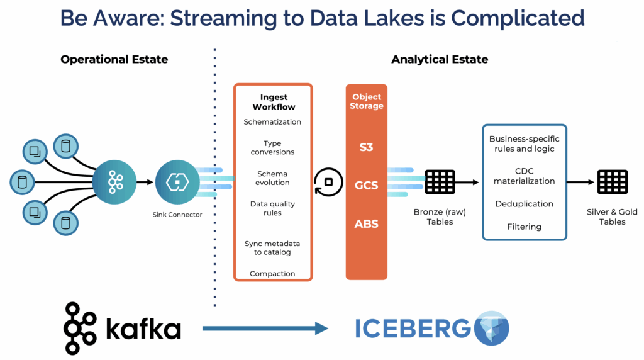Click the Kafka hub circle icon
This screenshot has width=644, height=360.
point(114,182)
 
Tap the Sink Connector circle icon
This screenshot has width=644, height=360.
point(177,182)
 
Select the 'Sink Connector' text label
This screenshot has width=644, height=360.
point(177,215)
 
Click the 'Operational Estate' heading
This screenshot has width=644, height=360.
point(114,60)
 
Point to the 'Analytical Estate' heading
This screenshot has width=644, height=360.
point(439,60)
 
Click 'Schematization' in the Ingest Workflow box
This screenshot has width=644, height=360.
point(272,122)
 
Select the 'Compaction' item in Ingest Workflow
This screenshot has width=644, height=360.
point(272,274)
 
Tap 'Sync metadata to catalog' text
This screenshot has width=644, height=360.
point(272,248)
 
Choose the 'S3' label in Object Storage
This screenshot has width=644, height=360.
point(366,147)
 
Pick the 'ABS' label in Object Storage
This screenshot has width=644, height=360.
point(366,223)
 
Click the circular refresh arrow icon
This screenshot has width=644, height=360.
point(328,182)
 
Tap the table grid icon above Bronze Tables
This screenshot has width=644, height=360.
point(440,182)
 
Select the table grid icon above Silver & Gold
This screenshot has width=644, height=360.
point(612,182)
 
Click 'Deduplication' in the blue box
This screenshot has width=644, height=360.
point(524,204)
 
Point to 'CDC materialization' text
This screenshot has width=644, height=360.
point(524,176)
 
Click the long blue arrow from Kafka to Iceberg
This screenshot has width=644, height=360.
point(265,328)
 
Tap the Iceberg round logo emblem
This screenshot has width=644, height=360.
point(491,328)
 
